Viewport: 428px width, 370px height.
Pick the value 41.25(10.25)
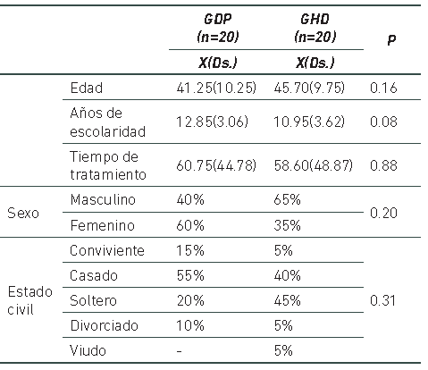pos(218,88)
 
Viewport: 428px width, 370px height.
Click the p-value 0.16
pos(386,88)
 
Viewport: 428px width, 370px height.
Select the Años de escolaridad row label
pos(107,122)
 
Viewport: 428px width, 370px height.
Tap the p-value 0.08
pos(386,122)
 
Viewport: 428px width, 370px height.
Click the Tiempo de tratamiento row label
pos(106,164)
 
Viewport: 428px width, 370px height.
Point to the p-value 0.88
pos(386,164)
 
